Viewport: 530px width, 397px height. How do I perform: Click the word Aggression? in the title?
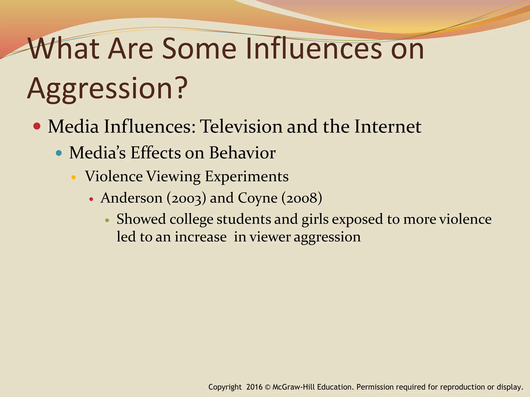tap(107, 88)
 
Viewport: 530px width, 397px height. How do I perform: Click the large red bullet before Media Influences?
tap(37, 126)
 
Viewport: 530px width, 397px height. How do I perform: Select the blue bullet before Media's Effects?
tap(59, 153)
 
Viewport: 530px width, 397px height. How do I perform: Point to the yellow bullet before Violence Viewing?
tap(73, 177)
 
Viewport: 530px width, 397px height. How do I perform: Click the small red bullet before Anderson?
tap(91, 199)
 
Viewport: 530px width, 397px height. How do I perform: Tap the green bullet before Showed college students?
tap(107, 220)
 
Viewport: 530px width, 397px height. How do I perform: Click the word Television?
tap(241, 127)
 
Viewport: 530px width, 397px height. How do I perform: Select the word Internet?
tap(388, 127)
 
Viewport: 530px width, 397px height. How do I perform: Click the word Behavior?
tap(242, 153)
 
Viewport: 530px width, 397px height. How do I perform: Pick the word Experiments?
tap(247, 177)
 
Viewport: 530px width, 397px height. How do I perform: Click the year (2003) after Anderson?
tap(186, 198)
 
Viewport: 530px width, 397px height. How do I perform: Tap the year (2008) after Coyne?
tap(302, 198)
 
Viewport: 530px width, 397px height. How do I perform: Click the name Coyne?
tap(257, 198)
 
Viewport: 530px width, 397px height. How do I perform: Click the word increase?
tap(201, 237)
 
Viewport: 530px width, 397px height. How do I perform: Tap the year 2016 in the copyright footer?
tap(254, 387)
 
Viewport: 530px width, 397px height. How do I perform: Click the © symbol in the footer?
tap(268, 387)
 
